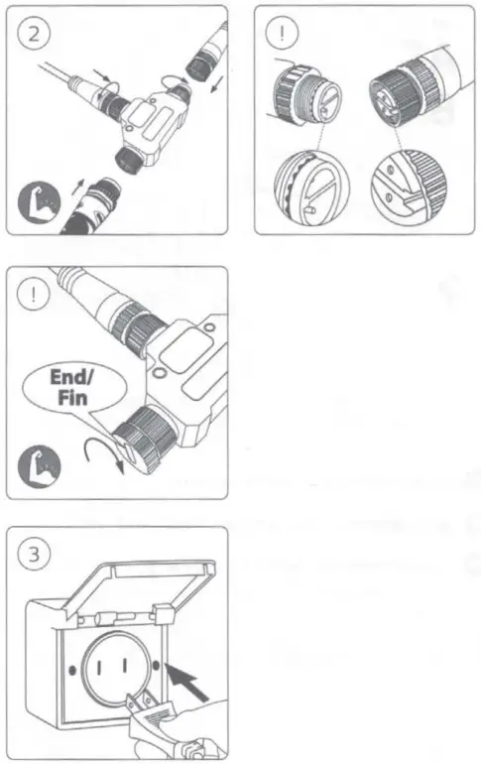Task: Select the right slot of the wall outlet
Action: coord(129,667)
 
